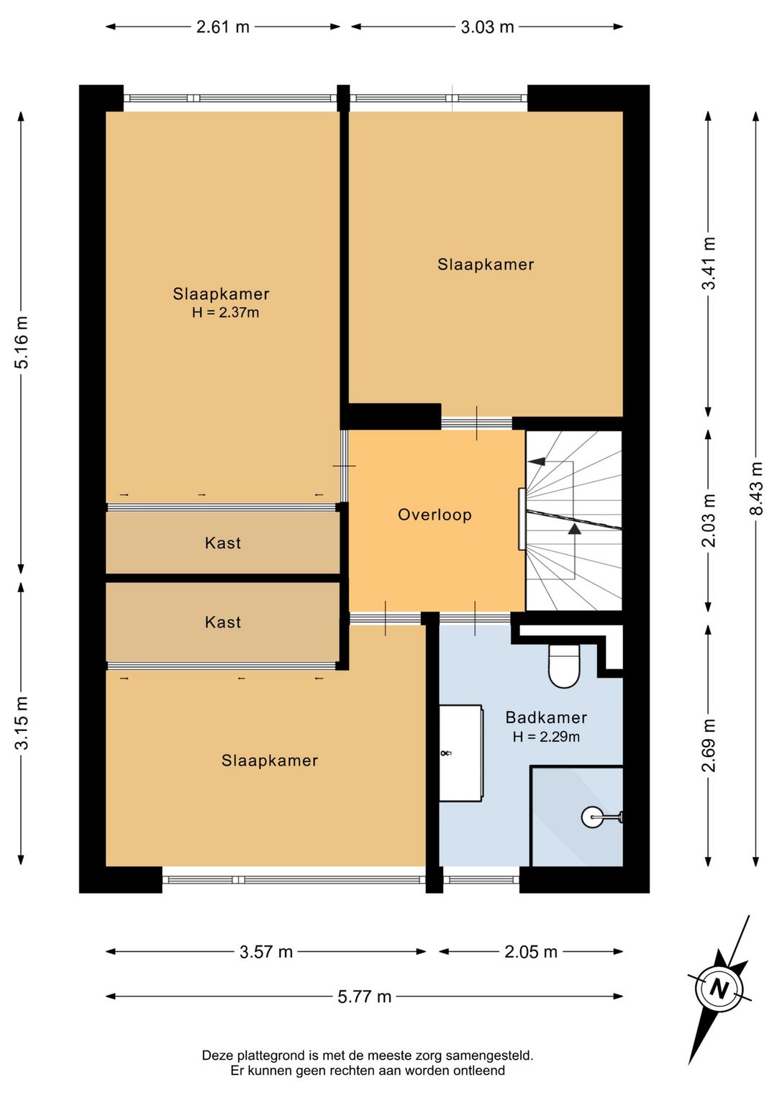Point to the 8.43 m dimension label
[756, 489]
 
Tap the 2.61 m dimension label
[222, 27]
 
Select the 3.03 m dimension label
[487, 27]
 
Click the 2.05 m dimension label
[531, 951]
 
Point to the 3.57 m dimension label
[265, 951]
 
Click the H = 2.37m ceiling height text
[225, 312]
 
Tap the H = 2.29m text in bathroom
[546, 737]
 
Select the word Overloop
[435, 514]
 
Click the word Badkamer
[546, 717]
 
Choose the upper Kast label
[223, 543]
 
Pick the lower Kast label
[223, 622]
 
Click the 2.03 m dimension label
[709, 520]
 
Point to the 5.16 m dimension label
[22, 342]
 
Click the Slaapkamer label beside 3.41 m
[486, 265]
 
